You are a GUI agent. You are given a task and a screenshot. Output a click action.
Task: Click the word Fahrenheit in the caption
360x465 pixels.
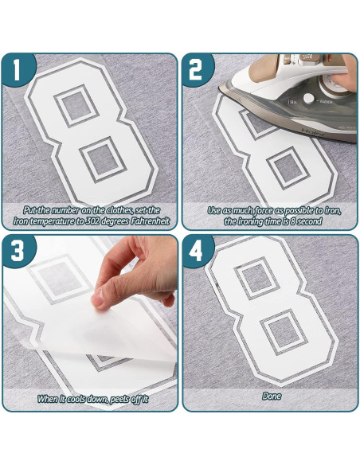pos(144,221)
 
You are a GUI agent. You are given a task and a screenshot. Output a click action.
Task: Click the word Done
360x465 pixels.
pos(271,396)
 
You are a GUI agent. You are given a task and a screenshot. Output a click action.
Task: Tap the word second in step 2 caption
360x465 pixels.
pos(307,221)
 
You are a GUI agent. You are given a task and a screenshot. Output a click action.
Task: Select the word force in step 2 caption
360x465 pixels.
pos(261,210)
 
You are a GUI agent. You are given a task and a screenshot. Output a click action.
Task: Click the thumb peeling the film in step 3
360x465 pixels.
pos(103,298)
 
